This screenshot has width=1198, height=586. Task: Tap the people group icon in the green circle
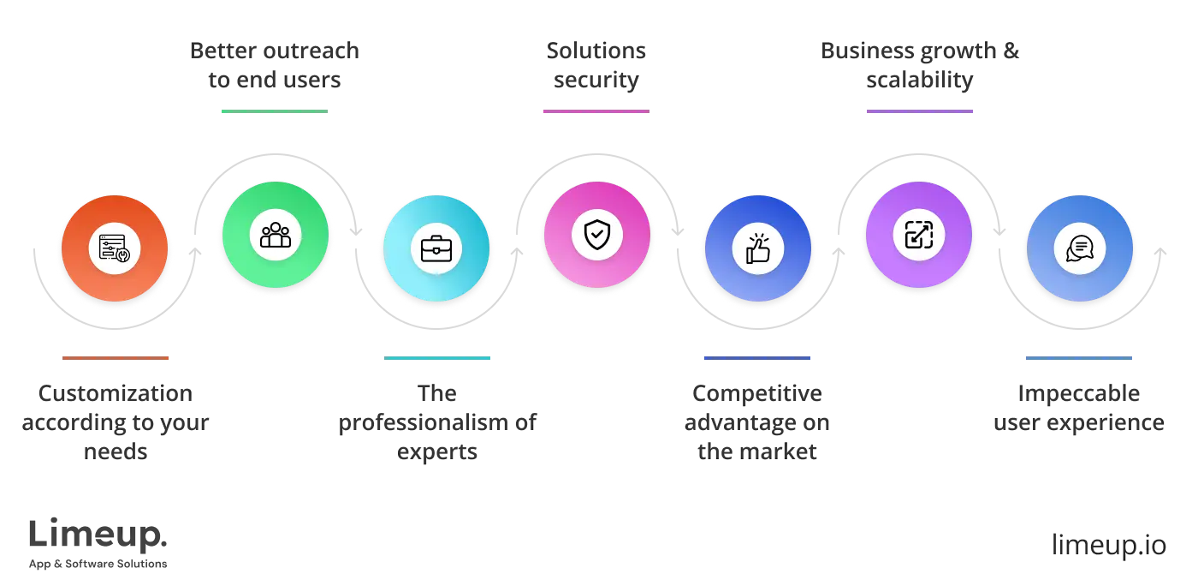point(276,235)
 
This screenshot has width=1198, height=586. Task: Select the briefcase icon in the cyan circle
point(436,248)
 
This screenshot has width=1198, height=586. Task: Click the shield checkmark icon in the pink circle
point(596,235)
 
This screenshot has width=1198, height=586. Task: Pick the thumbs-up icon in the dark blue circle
point(757,248)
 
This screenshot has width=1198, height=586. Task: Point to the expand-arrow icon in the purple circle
point(918,235)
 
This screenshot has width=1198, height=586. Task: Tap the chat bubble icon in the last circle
point(1079,248)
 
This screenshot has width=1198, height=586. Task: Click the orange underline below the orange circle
point(116,359)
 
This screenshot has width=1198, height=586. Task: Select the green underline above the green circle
point(274,112)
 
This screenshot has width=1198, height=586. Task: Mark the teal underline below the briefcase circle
point(437,359)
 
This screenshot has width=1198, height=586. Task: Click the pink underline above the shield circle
point(596,112)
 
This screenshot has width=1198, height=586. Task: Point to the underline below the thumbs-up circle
point(756,359)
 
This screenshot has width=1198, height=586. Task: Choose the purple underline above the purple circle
point(920,112)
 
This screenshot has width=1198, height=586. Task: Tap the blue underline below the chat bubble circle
point(1077,359)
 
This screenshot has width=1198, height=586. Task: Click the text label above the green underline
point(274,65)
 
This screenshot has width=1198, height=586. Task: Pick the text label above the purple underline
point(920,65)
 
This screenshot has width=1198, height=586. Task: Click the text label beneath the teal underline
point(437,423)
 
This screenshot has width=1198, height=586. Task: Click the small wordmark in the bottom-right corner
point(1107,542)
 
